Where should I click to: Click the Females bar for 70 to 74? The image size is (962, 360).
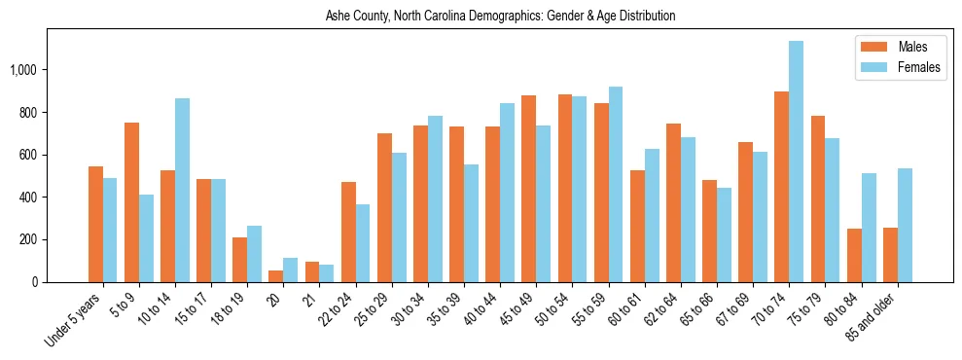(x=796, y=162)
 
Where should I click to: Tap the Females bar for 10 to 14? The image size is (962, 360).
(x=182, y=190)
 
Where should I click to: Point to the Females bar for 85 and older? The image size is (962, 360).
(x=905, y=225)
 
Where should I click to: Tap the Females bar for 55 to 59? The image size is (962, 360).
(x=616, y=184)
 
